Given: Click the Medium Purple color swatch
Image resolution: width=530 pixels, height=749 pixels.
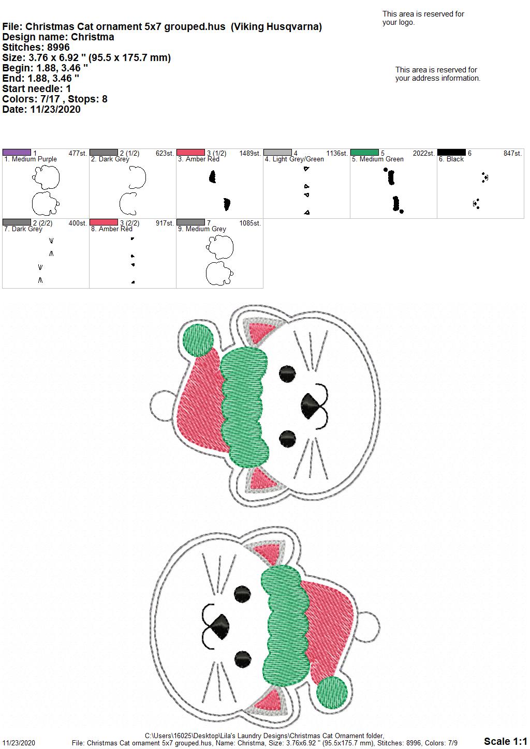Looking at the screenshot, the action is (17, 153).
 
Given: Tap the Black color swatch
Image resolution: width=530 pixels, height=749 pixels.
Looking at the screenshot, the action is (451, 153).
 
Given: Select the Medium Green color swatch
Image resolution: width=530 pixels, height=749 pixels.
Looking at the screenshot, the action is (364, 153).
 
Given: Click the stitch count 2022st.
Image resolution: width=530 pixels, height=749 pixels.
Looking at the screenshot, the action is (423, 153).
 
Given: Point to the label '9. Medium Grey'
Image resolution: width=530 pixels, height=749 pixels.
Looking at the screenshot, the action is (202, 229).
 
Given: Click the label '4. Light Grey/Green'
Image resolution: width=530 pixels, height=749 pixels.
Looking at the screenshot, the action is (294, 159).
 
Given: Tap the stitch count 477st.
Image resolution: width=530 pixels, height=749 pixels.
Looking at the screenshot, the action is (78, 153).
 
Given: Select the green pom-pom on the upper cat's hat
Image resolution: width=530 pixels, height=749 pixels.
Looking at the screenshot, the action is (198, 340).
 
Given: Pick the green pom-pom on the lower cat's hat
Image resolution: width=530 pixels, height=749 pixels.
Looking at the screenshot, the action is (332, 692).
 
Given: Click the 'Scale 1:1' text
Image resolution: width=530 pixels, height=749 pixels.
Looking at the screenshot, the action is (505, 741).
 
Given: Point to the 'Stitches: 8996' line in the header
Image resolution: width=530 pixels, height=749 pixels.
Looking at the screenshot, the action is (36, 47).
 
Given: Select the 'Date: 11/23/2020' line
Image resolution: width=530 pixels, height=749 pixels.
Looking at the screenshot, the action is (41, 109).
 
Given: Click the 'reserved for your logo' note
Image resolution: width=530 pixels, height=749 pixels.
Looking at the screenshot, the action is (423, 18).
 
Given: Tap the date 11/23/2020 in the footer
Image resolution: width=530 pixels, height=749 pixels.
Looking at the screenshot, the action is (19, 743).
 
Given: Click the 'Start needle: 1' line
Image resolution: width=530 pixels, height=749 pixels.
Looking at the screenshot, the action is (36, 88).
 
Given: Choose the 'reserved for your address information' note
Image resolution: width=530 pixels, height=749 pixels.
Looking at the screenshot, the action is (437, 74).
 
